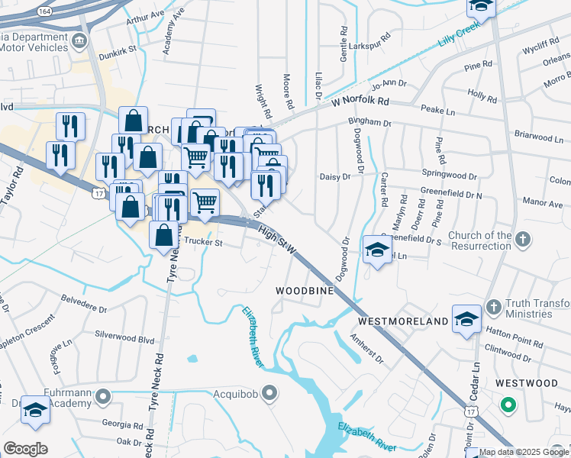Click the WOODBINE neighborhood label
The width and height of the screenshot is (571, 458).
tap(305, 292)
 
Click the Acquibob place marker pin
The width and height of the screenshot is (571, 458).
tap(269, 394)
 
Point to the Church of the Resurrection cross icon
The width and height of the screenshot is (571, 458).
tap(523, 240)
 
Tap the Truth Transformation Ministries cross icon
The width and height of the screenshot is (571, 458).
tap(493, 307)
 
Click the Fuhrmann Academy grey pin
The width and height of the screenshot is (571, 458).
tap(104, 397)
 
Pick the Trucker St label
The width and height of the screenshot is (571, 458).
tap(202, 244)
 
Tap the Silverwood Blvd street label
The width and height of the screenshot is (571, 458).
tap(124, 336)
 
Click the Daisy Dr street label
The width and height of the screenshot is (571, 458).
tap(334, 176)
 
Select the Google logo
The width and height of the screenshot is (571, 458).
tap(25, 449)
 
